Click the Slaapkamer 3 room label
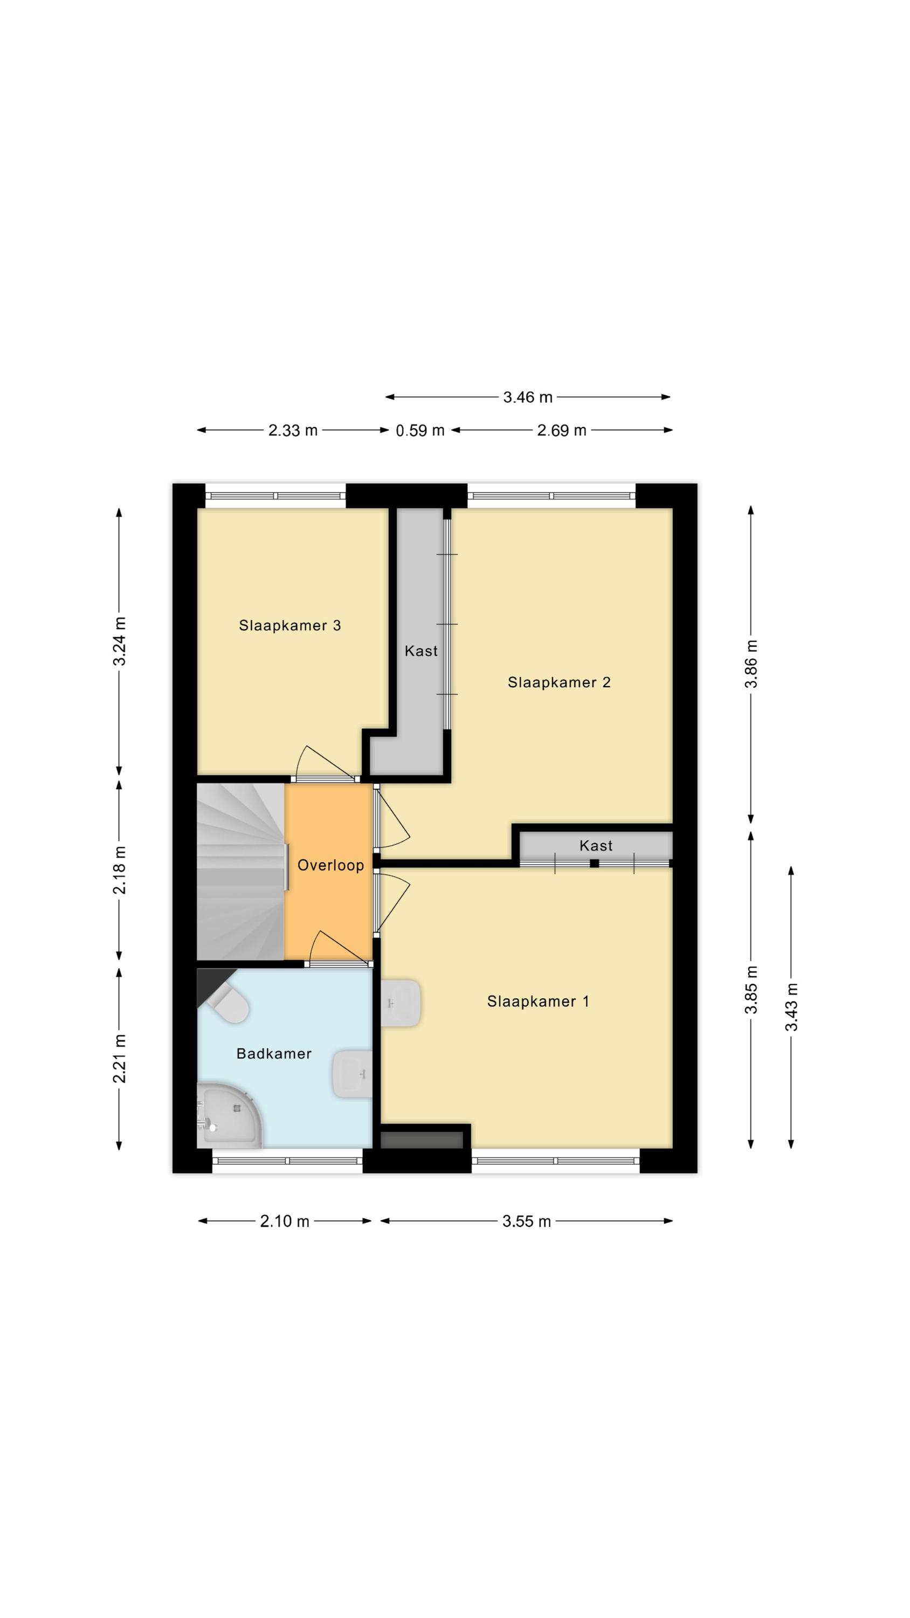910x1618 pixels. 289,626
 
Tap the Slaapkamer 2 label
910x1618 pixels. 559,683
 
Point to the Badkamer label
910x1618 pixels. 274,1054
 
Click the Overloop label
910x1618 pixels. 330,866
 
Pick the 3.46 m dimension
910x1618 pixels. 528,397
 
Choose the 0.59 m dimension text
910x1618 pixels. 420,430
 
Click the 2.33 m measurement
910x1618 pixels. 293,430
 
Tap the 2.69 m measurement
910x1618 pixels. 561,430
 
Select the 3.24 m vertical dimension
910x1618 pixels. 119,641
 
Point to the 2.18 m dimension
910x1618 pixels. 119,870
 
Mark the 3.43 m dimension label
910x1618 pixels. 791,1007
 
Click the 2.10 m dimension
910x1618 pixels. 285,1221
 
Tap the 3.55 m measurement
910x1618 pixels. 526,1221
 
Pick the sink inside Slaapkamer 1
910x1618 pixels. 400,1003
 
